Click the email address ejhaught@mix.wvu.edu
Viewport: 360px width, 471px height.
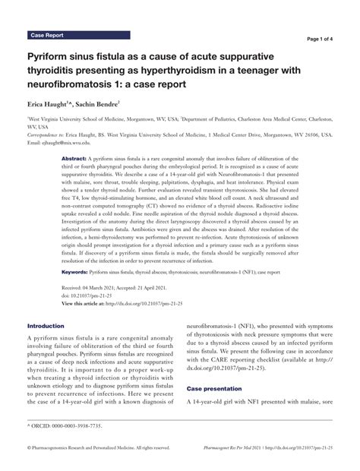(x=72, y=142)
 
